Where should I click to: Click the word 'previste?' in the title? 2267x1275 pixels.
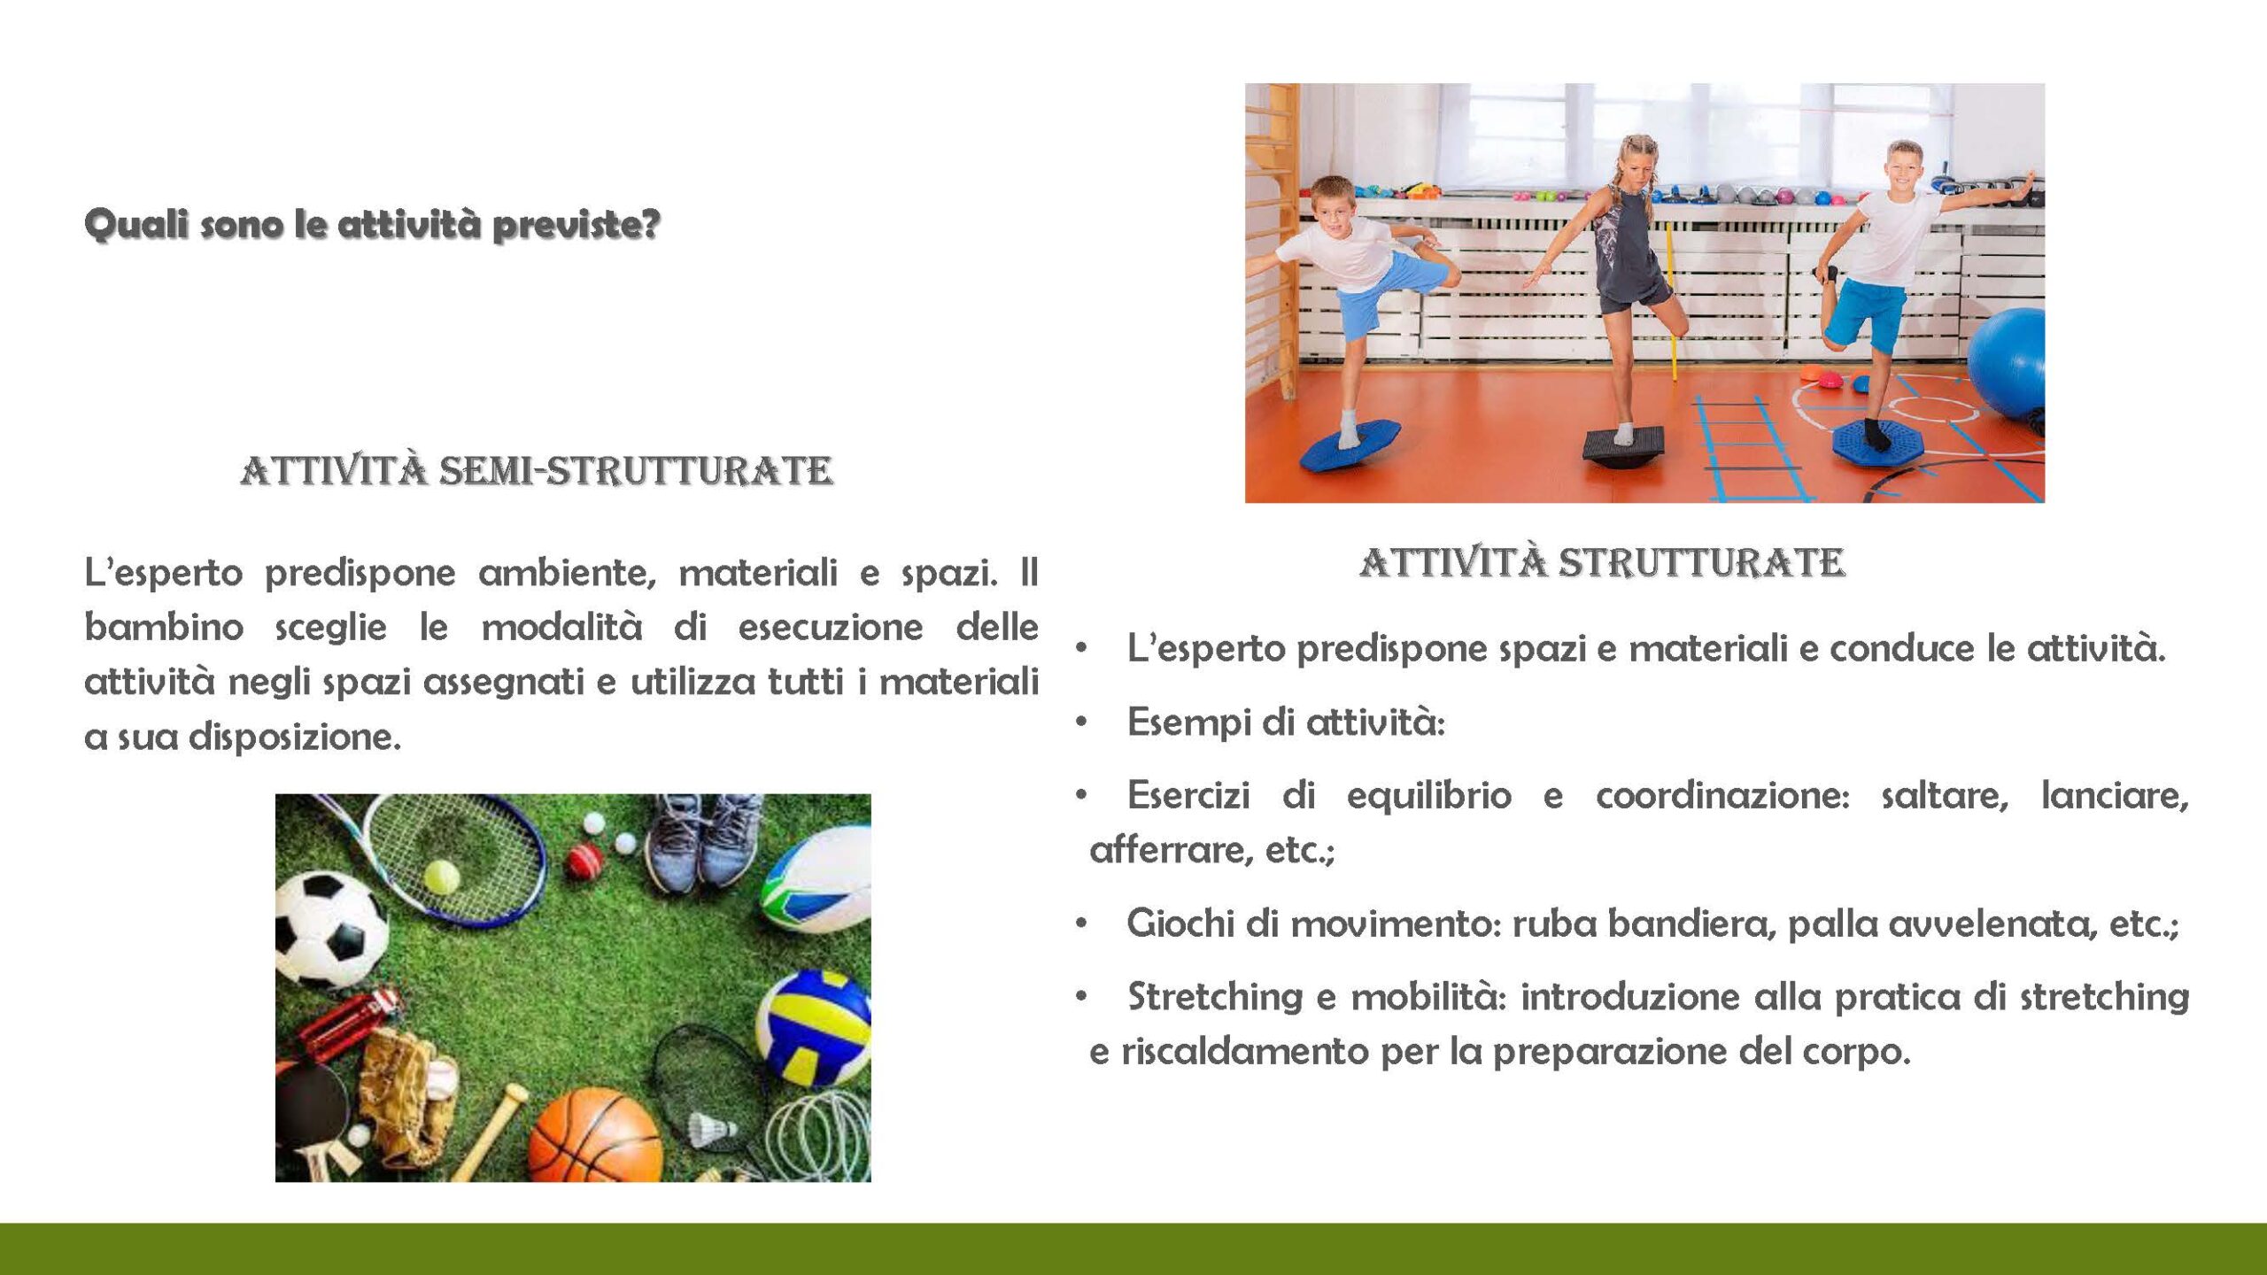pos(576,225)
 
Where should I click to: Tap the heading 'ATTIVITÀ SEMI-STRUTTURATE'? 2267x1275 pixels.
pos(537,470)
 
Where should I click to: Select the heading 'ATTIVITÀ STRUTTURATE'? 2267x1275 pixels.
pos(1603,562)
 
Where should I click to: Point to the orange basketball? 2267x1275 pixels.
pos(595,1136)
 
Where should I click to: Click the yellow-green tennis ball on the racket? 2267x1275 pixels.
pos(442,877)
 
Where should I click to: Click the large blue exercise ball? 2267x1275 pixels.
pos(2008,363)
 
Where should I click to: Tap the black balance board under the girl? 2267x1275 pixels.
pos(1624,446)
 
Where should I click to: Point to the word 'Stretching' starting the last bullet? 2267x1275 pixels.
pos(1214,998)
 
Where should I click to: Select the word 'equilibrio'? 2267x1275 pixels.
pos(1428,795)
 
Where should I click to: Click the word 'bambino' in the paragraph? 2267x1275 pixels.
pos(164,627)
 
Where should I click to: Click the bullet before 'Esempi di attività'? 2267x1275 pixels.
pos(1081,722)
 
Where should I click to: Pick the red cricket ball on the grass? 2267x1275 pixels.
pos(584,860)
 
